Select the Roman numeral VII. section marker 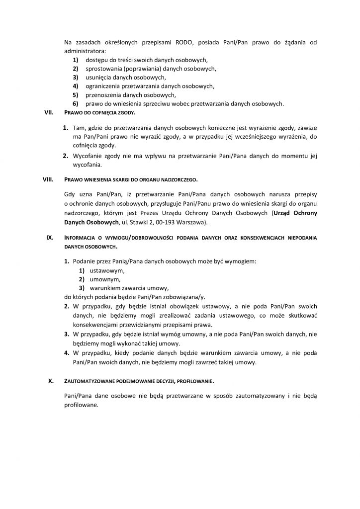point(49,113)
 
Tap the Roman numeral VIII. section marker point(48,178)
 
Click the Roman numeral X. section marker point(51,382)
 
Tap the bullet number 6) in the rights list point(76,103)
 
